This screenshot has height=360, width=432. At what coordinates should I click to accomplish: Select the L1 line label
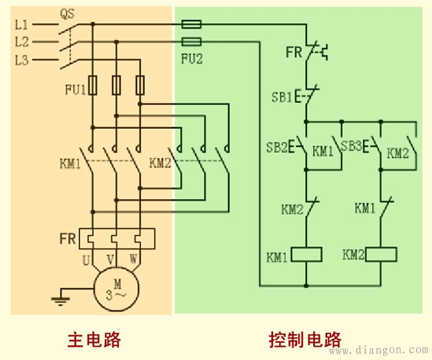click(22, 25)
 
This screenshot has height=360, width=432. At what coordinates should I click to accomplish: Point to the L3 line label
click(22, 59)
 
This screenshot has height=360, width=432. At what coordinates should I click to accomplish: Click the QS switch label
click(67, 13)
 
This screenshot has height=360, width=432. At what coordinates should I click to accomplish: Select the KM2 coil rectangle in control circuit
click(381, 254)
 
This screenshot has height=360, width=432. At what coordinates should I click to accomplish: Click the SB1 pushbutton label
click(281, 96)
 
